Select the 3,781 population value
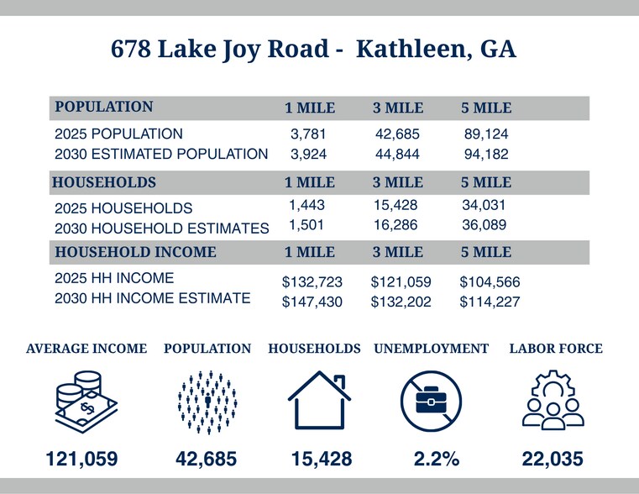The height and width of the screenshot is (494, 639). pyautogui.click(x=307, y=134)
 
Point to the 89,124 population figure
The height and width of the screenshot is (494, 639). pyautogui.click(x=485, y=134)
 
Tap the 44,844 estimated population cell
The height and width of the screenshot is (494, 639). pyautogui.click(x=396, y=154)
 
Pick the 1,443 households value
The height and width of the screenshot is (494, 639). pyautogui.click(x=306, y=205)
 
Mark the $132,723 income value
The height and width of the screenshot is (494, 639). pyautogui.click(x=312, y=282)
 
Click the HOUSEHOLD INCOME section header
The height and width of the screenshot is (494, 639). pyautogui.click(x=135, y=252)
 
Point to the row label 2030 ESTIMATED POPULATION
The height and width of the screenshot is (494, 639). pyautogui.click(x=161, y=154)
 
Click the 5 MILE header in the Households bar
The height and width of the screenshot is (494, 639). pyautogui.click(x=486, y=181)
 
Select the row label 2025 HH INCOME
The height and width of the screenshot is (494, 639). pyautogui.click(x=114, y=278)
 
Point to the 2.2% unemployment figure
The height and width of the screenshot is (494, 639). pyautogui.click(x=437, y=459)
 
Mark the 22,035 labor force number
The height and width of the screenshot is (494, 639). pyautogui.click(x=553, y=459)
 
